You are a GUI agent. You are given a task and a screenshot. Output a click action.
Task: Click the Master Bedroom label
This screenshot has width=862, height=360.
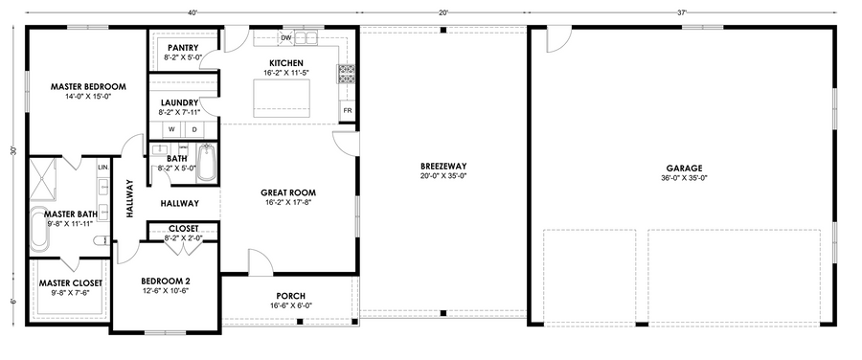pyautogui.click(x=88, y=86)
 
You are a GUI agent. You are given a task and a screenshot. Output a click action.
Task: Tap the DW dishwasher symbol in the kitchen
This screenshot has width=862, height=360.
pyautogui.click(x=286, y=38)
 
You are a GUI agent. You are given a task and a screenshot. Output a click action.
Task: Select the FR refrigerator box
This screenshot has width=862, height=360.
pyautogui.click(x=348, y=110)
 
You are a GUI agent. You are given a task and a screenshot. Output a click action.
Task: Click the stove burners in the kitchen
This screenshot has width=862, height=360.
pyautogui.click(x=346, y=74)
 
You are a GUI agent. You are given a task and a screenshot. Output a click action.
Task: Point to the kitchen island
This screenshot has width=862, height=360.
pyautogui.click(x=282, y=99)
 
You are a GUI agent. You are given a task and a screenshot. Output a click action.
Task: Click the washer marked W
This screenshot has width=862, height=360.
pyautogui.click(x=171, y=129)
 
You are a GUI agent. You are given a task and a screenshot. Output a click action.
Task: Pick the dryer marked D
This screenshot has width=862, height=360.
pyautogui.click(x=194, y=129)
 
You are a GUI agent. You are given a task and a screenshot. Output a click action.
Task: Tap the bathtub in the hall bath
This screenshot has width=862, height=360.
pyautogui.click(x=206, y=163)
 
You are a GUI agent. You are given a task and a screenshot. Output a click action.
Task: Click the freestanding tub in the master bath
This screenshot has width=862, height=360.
pyautogui.click(x=39, y=230)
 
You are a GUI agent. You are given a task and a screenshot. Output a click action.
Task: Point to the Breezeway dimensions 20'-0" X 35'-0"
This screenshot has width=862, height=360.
pyautogui.click(x=443, y=176)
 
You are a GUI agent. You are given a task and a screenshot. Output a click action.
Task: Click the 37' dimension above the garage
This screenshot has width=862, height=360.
pyautogui.click(x=682, y=11)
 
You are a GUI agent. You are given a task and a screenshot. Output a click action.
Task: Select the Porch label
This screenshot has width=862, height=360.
pyautogui.click(x=291, y=296)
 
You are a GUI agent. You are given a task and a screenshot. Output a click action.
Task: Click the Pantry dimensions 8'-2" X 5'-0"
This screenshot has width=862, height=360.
pyautogui.click(x=183, y=57)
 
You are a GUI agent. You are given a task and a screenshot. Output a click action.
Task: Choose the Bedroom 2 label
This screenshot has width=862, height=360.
pyautogui.click(x=166, y=281)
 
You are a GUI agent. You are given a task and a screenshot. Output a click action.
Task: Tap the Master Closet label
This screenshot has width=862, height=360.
pyautogui.click(x=70, y=283)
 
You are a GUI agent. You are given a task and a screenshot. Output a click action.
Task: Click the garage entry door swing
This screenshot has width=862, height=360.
pyautogui.click(x=559, y=38)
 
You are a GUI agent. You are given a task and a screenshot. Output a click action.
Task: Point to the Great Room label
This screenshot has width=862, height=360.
pyautogui.click(x=288, y=192)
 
